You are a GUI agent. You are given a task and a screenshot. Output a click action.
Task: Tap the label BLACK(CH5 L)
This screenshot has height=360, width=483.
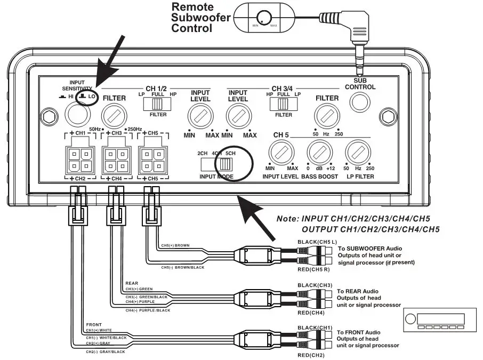coord(318,241)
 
